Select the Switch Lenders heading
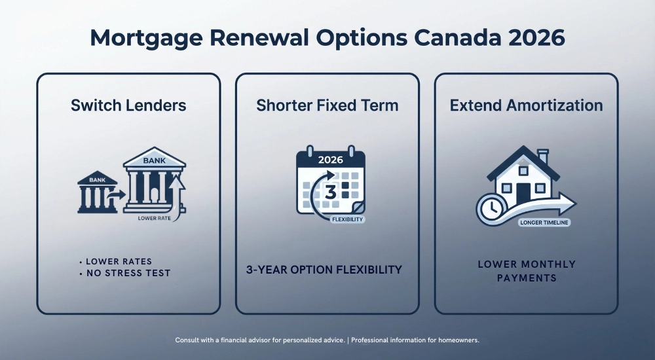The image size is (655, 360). (128, 105)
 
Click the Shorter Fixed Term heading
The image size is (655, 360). (327, 105)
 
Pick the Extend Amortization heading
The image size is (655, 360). (526, 105)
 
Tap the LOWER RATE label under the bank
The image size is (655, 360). (156, 218)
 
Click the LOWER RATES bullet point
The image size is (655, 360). (119, 262)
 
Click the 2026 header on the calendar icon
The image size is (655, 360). (330, 159)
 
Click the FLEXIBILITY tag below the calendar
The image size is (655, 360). (347, 219)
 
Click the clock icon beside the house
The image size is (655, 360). (489, 209)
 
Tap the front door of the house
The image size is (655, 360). (523, 193)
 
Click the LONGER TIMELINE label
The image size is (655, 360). (544, 223)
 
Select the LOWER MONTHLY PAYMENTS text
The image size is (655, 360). (526, 271)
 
